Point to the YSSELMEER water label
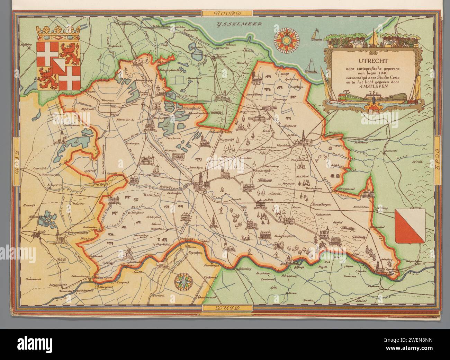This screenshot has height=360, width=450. coord(239,24)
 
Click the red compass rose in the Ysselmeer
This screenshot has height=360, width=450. coord(287,40)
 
